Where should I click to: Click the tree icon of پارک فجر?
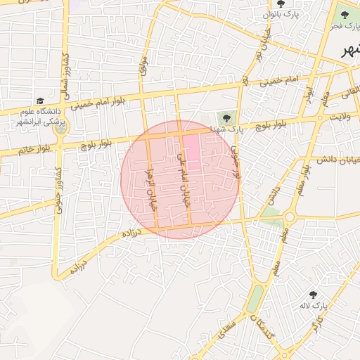pyautogui.click(x=344, y=12)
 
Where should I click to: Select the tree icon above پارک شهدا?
pyautogui.click(x=226, y=117)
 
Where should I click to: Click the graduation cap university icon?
pyautogui.click(x=40, y=101)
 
